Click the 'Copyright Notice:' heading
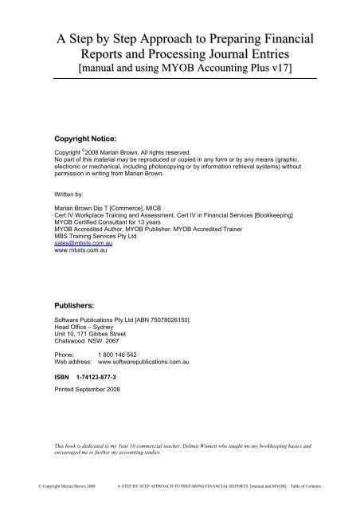pos(82,137)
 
